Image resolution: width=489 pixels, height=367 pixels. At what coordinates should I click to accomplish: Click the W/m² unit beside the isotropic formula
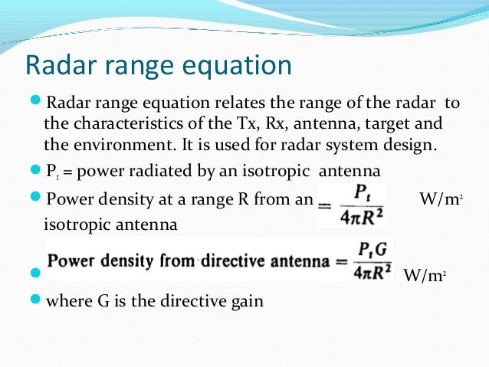click(x=440, y=201)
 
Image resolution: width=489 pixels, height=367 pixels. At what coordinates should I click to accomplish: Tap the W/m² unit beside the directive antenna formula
click(x=420, y=275)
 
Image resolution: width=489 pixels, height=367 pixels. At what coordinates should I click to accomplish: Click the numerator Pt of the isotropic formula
click(x=352, y=190)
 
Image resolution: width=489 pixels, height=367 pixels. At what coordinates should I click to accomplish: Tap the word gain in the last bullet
click(x=247, y=301)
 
